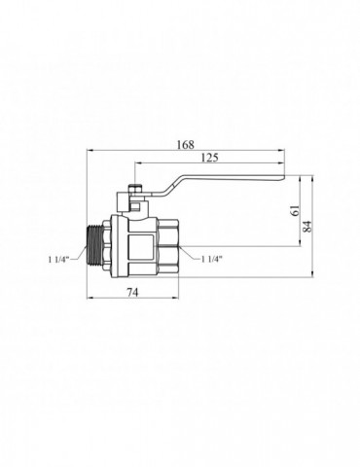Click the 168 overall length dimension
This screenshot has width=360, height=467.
point(185,145)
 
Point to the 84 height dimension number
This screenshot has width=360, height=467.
point(309,228)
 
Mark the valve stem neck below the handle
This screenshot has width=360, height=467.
point(137,209)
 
